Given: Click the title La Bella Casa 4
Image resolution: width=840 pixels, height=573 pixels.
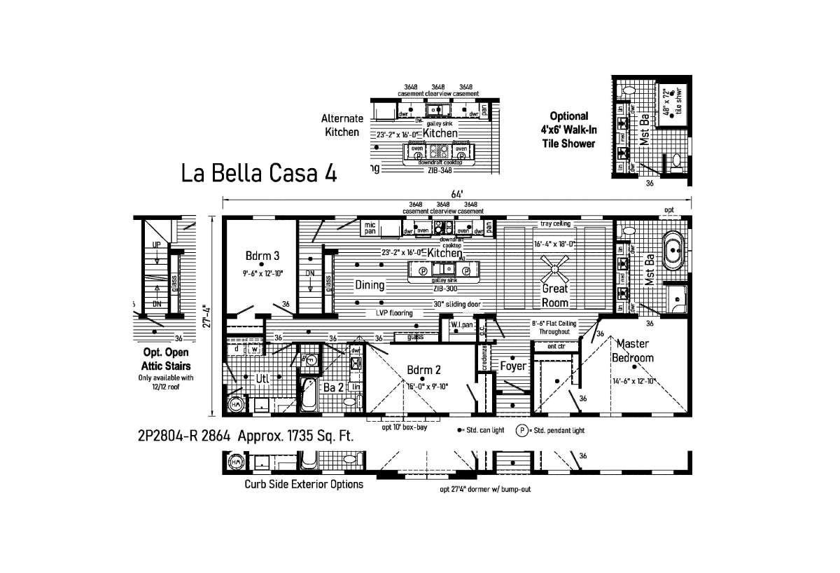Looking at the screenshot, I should coord(259,174).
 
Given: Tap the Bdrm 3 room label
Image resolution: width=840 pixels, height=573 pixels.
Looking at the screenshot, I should coord(262,255).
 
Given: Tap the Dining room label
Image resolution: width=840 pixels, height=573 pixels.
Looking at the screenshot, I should coord(370,285).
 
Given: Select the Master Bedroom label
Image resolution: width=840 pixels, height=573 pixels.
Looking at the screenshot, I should coord(631,350).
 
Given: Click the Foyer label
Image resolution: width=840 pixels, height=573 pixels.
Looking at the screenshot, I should coord(512,366).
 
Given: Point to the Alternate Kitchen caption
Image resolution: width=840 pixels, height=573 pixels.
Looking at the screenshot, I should coord(342,125).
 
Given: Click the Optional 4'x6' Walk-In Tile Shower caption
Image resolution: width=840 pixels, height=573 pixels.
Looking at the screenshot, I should coord(568,130).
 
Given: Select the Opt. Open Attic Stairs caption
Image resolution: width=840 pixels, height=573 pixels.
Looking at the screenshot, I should coord(166,359).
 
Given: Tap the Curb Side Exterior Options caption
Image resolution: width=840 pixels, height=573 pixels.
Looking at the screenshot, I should coord(304,484).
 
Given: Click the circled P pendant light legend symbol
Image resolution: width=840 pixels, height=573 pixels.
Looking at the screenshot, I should coord(521,430).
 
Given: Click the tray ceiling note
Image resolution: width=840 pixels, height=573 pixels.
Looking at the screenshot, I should coord(555,224).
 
